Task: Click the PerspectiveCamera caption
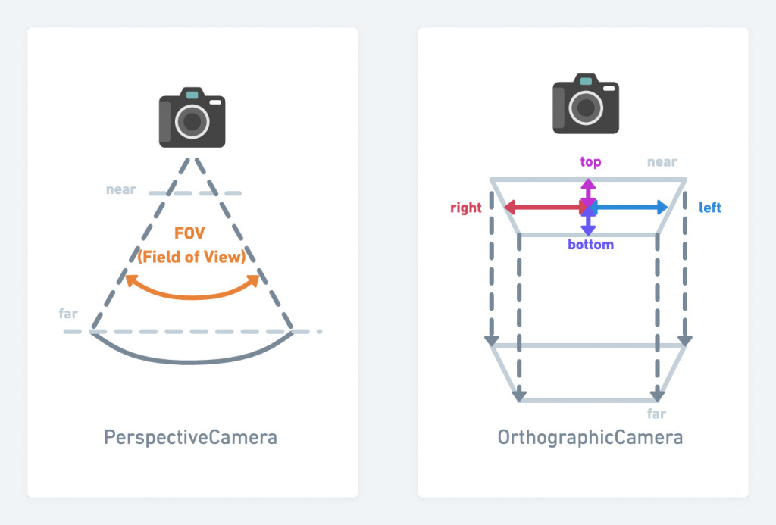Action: (190, 437)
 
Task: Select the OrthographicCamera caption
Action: (590, 437)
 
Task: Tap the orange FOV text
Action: (192, 233)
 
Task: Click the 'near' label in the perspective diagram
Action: (121, 189)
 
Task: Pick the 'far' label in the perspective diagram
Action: (68, 313)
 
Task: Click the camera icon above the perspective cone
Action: (192, 117)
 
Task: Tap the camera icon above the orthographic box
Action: (585, 105)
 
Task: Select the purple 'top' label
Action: (590, 161)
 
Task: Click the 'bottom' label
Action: (590, 245)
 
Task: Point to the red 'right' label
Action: (466, 208)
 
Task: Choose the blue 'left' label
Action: (710, 208)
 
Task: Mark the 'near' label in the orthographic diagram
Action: (662, 162)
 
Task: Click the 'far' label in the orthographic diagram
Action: (656, 414)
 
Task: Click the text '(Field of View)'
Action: (192, 257)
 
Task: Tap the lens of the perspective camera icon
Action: (192, 121)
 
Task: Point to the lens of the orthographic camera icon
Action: (585, 107)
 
